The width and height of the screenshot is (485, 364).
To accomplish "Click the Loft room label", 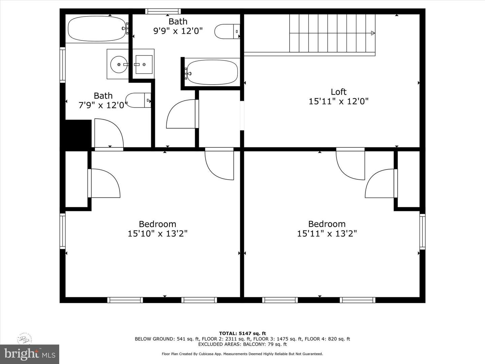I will point(338,92).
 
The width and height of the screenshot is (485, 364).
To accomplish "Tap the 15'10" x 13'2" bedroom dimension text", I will point(157,234).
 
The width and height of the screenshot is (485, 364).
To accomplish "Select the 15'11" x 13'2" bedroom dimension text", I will point(327,234).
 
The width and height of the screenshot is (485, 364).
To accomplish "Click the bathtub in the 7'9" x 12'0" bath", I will point(97,29).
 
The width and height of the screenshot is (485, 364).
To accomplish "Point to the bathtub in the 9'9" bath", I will point(212,72).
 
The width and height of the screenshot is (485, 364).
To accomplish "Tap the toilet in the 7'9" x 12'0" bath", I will point(138,100).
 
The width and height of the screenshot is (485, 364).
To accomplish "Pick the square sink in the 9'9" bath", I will point(144,64).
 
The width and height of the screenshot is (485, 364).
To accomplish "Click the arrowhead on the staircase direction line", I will point(373,33).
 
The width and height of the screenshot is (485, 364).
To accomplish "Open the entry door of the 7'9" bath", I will point(108,133).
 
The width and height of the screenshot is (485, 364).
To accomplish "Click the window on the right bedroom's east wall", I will point(422,231).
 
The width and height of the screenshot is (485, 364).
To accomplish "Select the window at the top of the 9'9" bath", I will point(163,11).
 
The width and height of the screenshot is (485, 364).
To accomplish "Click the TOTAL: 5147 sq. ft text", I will point(243,334).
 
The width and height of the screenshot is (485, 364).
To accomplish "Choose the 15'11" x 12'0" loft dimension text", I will point(338,101).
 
